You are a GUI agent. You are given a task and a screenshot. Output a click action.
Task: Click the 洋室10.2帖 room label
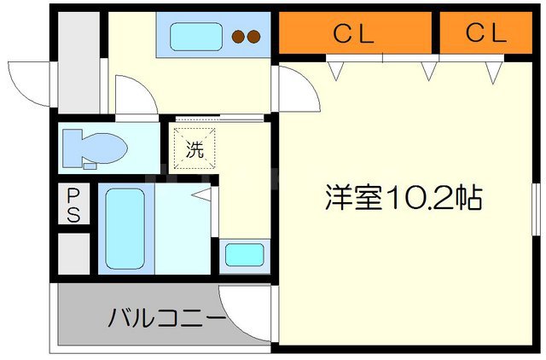404,199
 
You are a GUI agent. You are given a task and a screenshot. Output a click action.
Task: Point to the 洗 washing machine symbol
195,150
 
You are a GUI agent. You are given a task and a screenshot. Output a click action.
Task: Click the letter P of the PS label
73,197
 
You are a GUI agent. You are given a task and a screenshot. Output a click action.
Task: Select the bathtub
125,228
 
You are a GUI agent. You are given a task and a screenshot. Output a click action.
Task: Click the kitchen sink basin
195,37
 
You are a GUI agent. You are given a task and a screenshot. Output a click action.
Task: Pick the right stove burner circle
254,37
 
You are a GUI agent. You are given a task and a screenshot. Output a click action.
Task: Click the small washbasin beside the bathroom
244,254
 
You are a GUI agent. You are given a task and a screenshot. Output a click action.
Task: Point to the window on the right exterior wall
537,213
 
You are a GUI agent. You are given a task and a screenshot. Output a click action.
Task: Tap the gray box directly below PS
73,253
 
